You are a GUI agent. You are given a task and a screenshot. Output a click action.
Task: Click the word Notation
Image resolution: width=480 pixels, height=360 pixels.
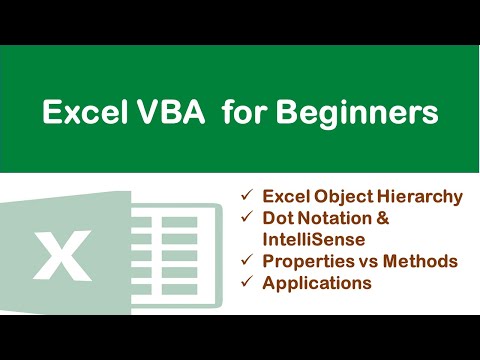(335, 217)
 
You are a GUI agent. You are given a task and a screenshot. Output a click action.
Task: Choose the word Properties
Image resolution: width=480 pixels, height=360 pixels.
(305, 261)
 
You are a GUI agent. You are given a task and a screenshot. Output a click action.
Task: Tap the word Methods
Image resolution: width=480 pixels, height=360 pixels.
(420, 261)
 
